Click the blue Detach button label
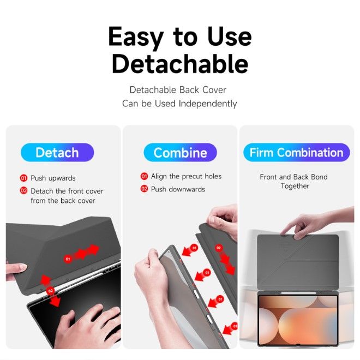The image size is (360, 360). click(x=57, y=152)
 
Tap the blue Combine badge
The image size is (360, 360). click(x=180, y=152)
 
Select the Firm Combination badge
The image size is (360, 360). click(x=296, y=152)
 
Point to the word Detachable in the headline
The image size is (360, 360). click(x=180, y=64)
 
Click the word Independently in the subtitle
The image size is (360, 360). click(x=208, y=104)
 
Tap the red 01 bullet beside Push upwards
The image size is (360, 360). click(x=23, y=178)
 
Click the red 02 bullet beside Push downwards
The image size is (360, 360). click(x=144, y=189)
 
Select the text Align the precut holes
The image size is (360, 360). click(x=186, y=176)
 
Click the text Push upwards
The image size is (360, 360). click(x=53, y=178)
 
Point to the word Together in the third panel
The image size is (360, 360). click(x=295, y=186)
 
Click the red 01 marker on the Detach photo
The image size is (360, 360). click(x=68, y=259)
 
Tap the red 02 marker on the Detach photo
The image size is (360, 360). click(x=50, y=291)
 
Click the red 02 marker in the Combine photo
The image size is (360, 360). click(x=219, y=248)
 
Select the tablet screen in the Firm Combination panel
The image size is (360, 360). click(x=298, y=319)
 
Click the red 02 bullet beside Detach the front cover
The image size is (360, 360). click(x=23, y=190)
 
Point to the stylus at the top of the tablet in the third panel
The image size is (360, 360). click(x=298, y=293)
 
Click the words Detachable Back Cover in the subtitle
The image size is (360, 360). click(x=178, y=90)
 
